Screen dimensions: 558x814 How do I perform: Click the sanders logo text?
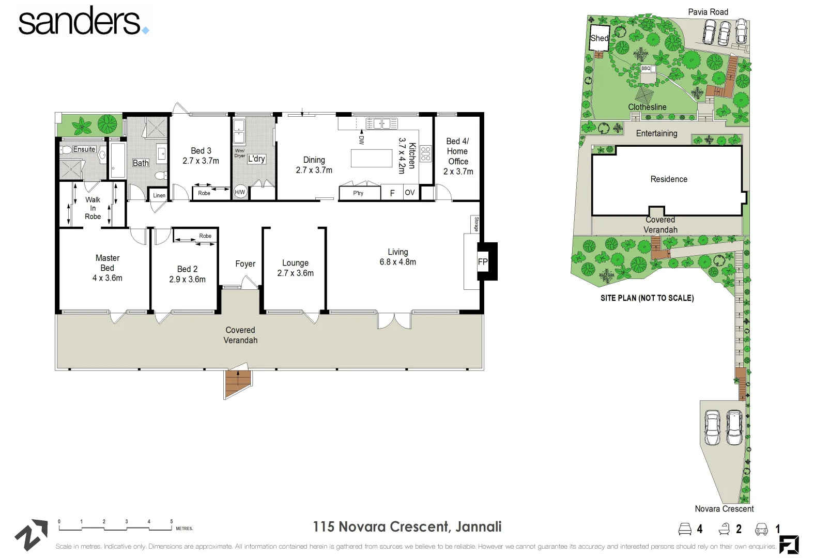80,22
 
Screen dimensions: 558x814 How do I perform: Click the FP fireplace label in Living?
482,262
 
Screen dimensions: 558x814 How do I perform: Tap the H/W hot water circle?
240,192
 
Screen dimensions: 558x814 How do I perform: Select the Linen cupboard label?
159,195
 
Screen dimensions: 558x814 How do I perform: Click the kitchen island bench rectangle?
371,158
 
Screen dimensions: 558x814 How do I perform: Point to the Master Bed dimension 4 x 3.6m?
107,278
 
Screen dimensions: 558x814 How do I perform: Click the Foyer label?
245,264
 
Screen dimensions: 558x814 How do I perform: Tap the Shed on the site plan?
600,38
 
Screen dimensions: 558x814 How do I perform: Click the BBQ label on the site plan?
646,68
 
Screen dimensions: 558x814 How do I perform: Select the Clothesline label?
647,107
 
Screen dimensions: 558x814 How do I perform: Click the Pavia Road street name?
708,12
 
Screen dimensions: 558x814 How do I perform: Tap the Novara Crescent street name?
724,509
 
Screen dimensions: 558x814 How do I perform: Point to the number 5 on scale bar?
172,522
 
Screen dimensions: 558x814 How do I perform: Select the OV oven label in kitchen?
409,193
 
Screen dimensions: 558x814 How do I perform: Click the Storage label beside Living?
476,224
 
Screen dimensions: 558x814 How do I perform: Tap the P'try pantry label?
358,193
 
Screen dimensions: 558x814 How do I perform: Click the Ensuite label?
84,149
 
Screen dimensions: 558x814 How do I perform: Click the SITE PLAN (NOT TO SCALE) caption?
647,298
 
